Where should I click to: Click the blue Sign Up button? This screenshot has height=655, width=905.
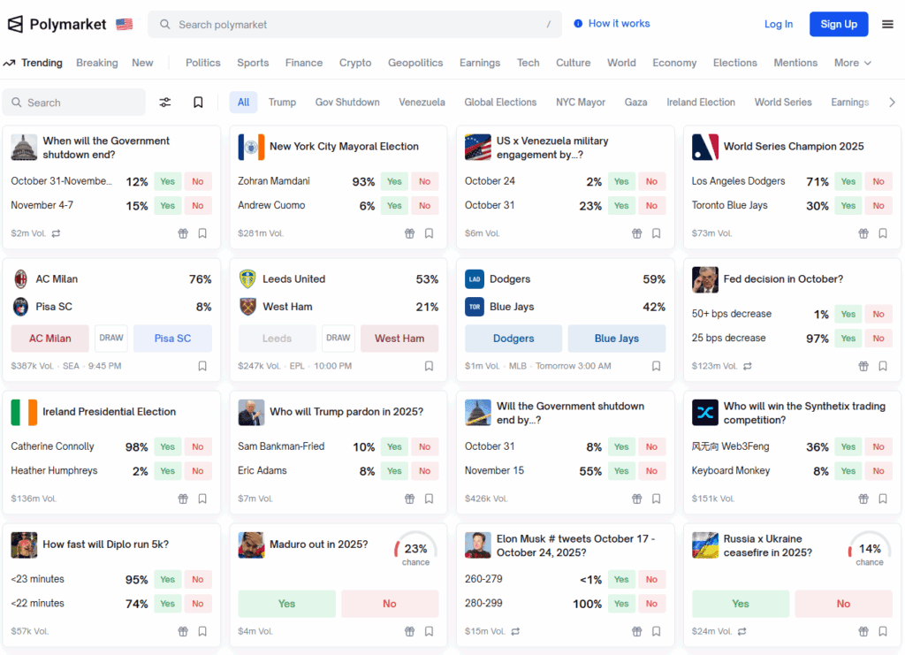tap(838, 24)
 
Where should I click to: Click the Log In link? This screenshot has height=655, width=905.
tap(778, 24)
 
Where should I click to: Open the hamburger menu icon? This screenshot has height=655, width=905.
tap(887, 24)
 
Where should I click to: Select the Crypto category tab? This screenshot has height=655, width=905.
tap(355, 63)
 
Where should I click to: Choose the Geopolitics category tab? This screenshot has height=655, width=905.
tap(415, 63)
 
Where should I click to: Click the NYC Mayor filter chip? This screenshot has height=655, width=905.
tap(580, 103)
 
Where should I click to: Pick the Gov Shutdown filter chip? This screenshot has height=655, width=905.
tap(347, 103)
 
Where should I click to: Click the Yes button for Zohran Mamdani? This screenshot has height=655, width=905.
tap(394, 181)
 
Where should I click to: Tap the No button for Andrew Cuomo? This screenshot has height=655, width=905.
tap(424, 205)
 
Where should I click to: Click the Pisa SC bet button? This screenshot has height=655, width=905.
tap(172, 339)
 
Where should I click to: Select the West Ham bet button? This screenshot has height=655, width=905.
tap(399, 339)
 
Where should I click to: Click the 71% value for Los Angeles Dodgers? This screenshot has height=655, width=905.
tap(817, 181)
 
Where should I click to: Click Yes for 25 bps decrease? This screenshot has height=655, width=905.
tap(848, 338)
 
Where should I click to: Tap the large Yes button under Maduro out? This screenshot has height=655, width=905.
tap(286, 604)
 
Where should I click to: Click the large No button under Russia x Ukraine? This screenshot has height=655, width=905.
tap(843, 604)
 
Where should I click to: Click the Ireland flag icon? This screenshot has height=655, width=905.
tap(24, 412)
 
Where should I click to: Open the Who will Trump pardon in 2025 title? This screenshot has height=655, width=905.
tap(346, 412)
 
